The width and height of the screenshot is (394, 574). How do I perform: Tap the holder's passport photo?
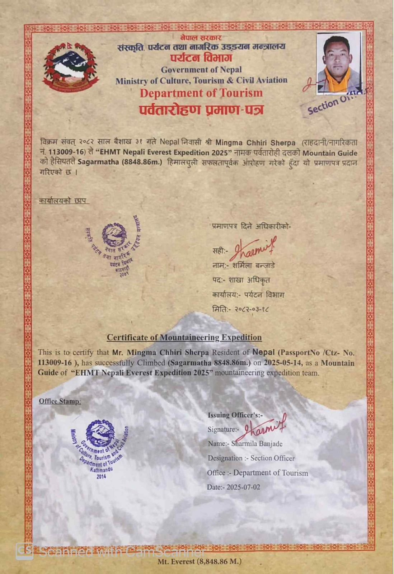339,63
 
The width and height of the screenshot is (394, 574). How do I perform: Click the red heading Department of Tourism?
201,93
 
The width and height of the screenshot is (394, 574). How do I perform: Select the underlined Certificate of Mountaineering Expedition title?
184,338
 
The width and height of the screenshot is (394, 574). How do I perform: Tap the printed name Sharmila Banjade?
257,444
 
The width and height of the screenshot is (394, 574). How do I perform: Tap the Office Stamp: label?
60,401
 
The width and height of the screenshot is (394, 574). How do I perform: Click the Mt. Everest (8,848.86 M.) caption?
199,561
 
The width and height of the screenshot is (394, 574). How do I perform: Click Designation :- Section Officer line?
251,458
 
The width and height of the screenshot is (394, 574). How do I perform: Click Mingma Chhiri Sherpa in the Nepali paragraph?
255,142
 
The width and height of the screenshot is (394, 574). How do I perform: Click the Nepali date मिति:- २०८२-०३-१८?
241,309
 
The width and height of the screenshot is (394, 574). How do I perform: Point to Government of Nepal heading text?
201,70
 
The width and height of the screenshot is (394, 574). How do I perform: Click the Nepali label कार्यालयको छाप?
63,201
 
